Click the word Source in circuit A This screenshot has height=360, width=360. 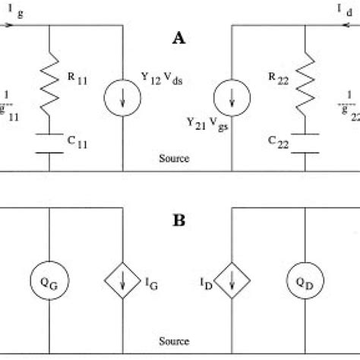click(174, 159)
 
